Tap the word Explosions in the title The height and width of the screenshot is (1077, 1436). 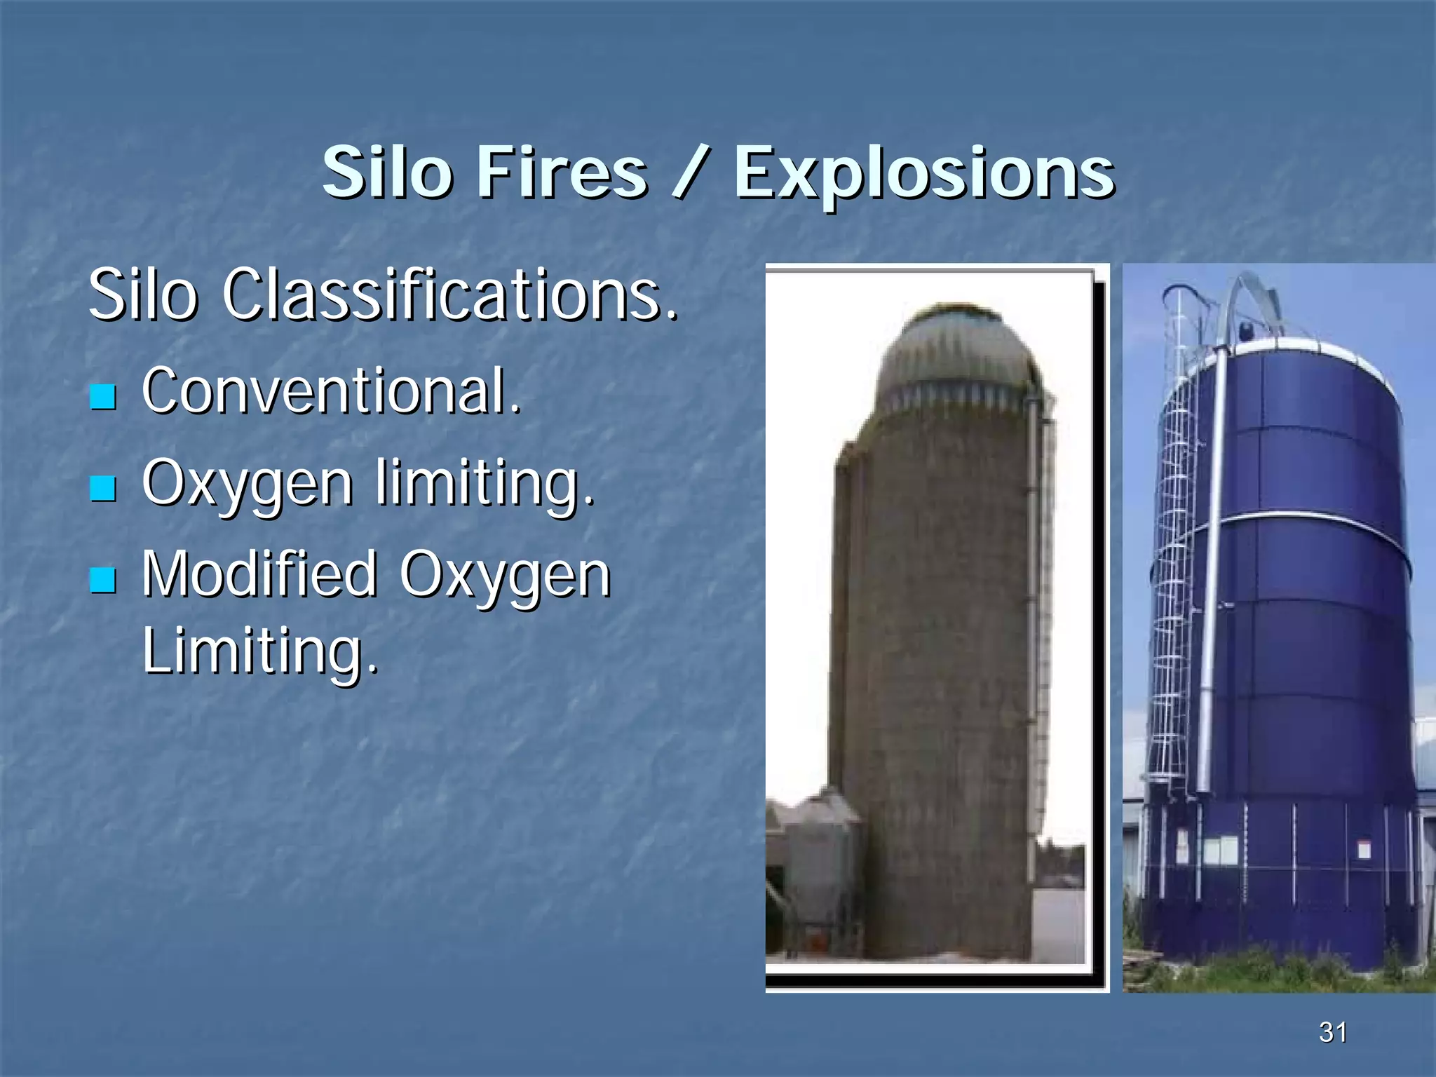click(x=923, y=174)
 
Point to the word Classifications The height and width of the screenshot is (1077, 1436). click(x=451, y=294)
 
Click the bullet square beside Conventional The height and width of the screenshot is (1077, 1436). click(x=103, y=396)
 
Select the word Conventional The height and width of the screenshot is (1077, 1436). click(x=332, y=391)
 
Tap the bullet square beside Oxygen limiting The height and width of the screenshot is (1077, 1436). click(x=103, y=488)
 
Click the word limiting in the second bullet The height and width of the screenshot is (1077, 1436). click(x=485, y=484)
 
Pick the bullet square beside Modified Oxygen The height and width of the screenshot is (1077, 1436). click(x=103, y=580)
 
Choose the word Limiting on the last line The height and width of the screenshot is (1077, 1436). click(x=259, y=650)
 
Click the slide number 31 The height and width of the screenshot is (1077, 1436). click(x=1332, y=1032)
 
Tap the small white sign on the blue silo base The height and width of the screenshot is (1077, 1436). click(x=1364, y=851)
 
